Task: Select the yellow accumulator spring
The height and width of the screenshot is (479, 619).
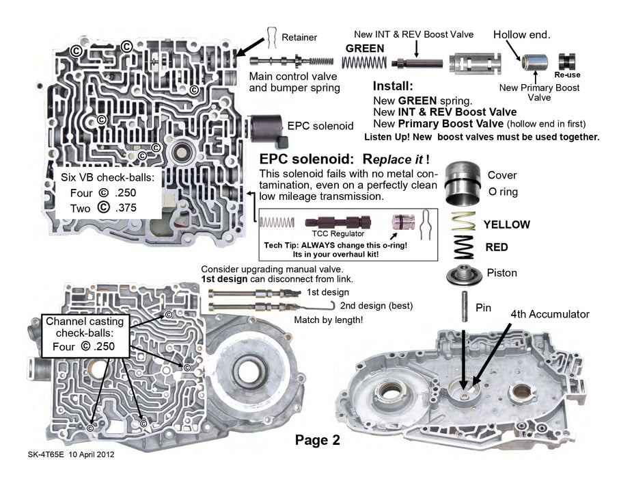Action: click(465, 222)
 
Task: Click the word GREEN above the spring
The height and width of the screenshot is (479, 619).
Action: click(365, 49)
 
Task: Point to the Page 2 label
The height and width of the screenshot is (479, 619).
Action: click(317, 440)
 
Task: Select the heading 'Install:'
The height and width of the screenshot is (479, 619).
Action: click(393, 87)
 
